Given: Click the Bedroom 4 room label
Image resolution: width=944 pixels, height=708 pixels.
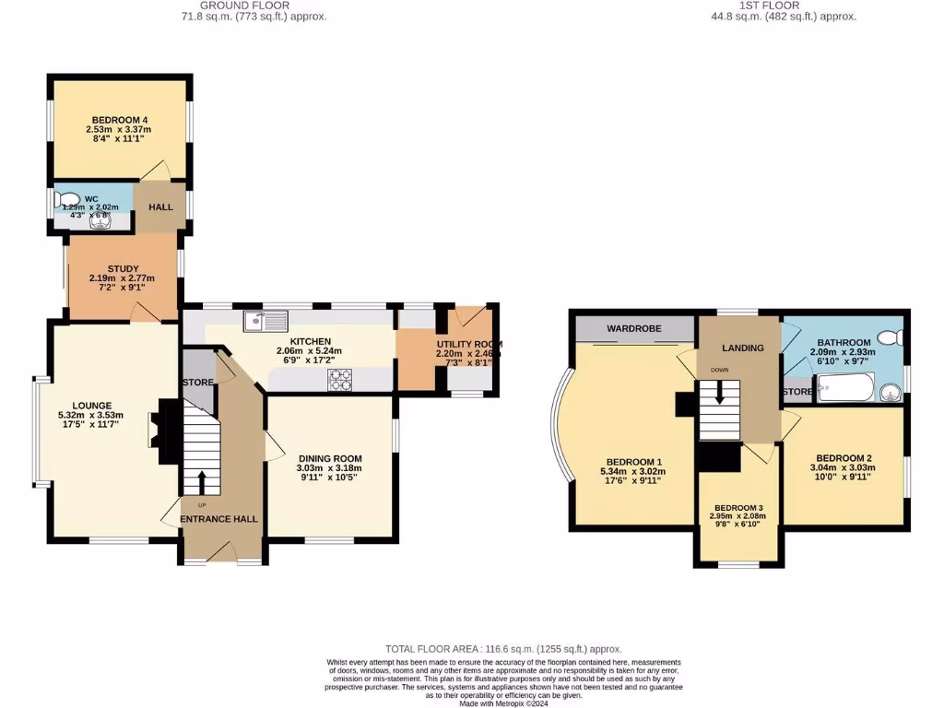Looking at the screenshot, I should click(120, 119).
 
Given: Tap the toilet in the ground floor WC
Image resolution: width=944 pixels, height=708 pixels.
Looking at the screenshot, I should click(66, 199).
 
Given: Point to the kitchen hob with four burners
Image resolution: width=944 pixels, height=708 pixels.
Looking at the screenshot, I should click(338, 380).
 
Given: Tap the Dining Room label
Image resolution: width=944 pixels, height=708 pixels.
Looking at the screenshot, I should click(330, 458).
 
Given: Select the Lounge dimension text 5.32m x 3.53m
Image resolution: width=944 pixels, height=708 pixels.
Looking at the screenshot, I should click(90, 416).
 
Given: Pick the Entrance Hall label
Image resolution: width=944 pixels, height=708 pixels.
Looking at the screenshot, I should click(219, 519).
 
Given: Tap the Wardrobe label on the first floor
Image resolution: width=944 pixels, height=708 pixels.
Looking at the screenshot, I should click(632, 328).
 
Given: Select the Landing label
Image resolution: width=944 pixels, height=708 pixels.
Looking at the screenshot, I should click(742, 348).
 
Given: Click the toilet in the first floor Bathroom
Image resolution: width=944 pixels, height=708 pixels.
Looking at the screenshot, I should click(889, 338).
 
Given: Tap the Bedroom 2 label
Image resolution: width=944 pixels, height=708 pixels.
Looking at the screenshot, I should click(844, 458).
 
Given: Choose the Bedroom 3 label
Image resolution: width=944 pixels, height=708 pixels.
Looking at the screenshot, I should click(738, 508).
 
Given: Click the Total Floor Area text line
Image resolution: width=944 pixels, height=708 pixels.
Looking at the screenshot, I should click(502, 649).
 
